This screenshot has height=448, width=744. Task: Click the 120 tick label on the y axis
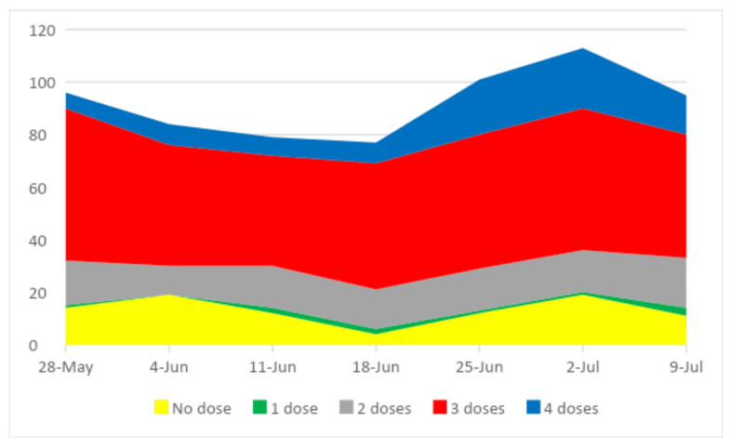[x=42, y=31]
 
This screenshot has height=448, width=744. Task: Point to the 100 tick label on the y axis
[x=42, y=83]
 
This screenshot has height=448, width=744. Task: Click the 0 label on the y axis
[x=33, y=346]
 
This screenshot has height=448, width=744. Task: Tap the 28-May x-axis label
[x=66, y=367]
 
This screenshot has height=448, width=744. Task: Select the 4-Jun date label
[x=169, y=367]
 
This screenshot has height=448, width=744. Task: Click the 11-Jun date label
[x=272, y=367]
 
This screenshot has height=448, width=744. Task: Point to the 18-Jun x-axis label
[x=376, y=367]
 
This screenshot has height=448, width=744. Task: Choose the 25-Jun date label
[x=479, y=367]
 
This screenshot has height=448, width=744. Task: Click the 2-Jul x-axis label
[x=583, y=367]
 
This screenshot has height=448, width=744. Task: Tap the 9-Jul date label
[x=686, y=367]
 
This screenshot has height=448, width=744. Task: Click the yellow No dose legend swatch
[x=161, y=407]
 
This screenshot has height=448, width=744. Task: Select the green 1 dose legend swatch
[x=260, y=407]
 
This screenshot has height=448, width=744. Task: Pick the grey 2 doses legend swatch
[x=347, y=407]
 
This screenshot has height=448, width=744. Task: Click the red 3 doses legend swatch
[x=440, y=407]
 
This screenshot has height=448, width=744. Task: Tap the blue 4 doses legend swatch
[x=533, y=407]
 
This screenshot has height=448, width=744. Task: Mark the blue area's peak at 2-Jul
[x=583, y=48]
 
